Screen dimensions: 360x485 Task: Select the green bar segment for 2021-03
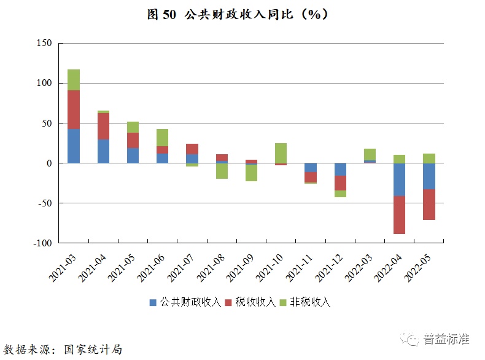(x=74, y=80)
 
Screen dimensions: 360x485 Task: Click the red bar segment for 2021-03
(x=74, y=109)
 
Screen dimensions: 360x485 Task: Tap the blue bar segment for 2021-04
(x=103, y=151)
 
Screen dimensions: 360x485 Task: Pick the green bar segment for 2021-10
(x=281, y=153)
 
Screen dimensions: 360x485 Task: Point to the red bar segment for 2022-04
(x=399, y=215)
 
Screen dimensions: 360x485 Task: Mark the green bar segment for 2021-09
(x=251, y=173)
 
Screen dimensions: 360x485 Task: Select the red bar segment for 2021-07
(x=192, y=149)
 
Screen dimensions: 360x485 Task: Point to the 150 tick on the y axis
(x=45, y=43)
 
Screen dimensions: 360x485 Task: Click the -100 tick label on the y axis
(x=42, y=243)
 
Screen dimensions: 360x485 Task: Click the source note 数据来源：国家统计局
(x=63, y=349)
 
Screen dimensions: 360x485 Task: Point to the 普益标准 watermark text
(x=446, y=338)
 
